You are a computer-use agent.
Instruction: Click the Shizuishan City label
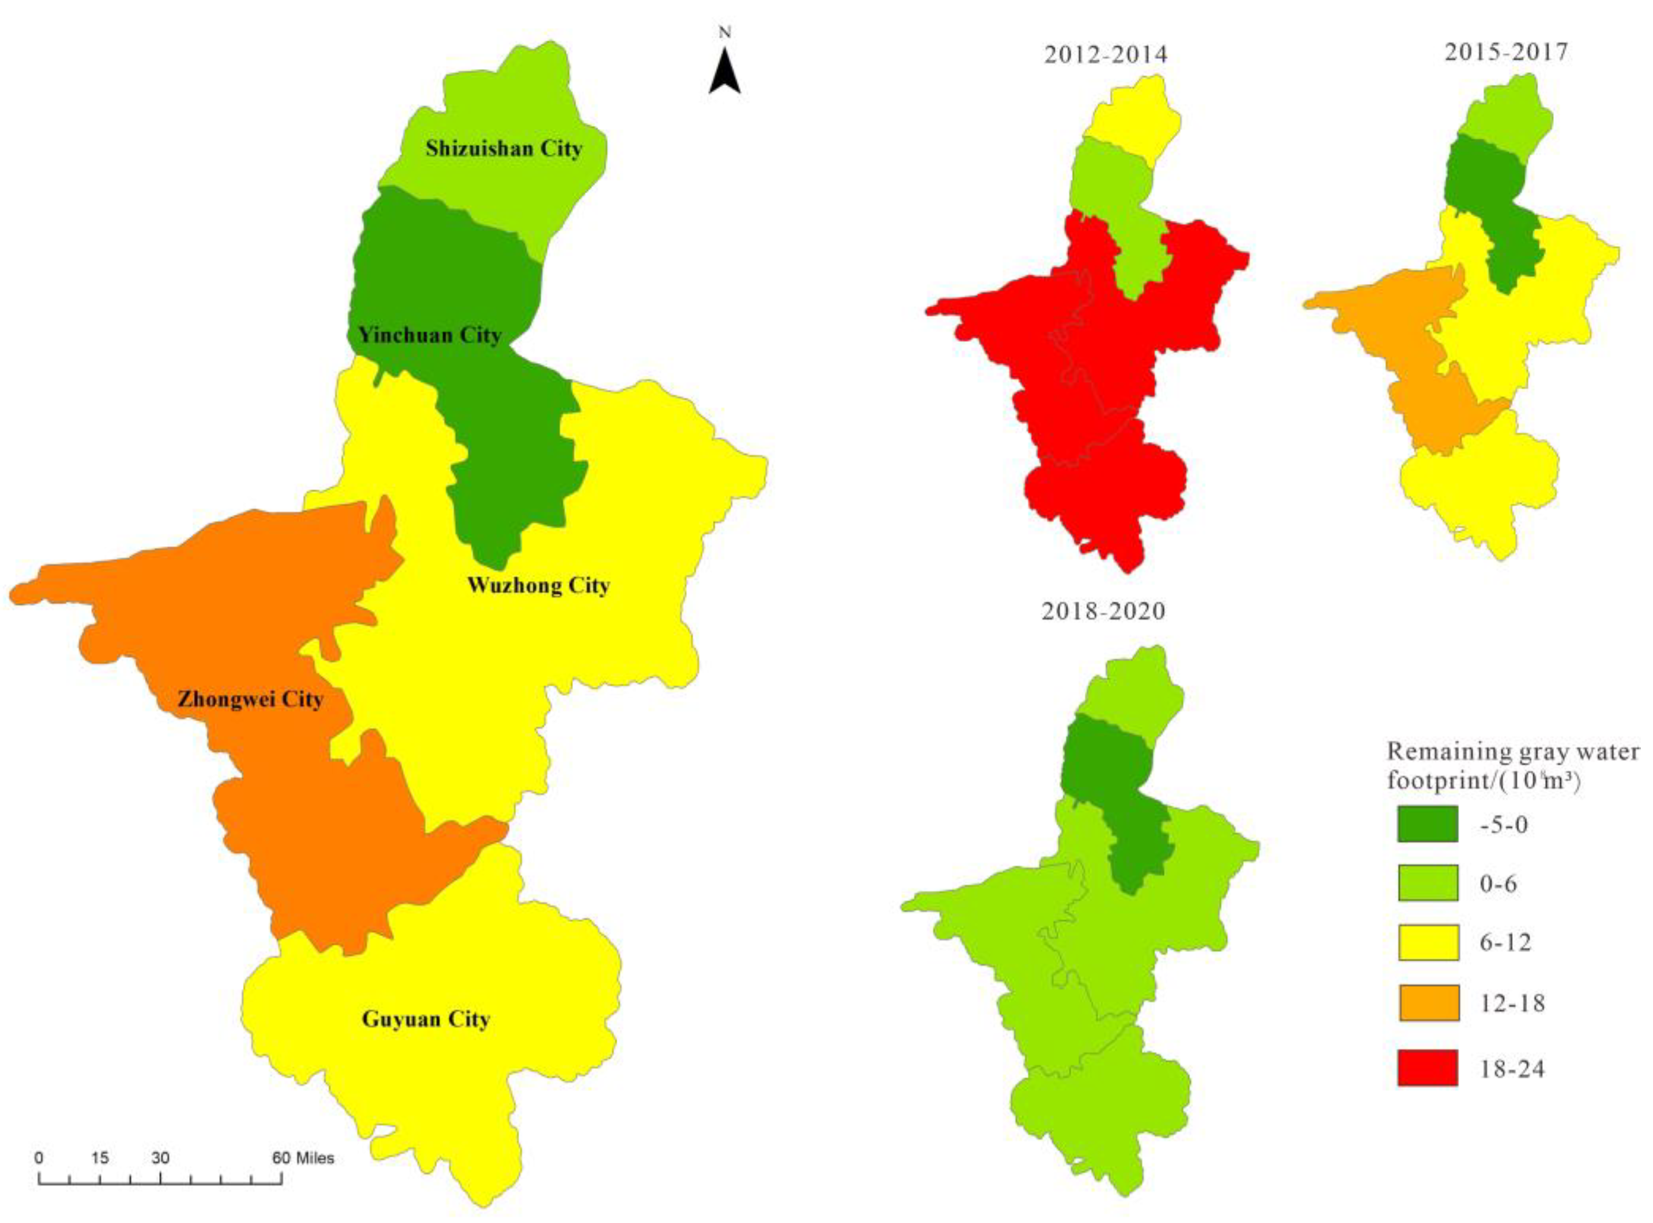(504, 149)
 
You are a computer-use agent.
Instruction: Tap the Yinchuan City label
(429, 336)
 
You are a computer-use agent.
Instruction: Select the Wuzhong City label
(538, 586)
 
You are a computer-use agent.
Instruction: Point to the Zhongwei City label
(250, 699)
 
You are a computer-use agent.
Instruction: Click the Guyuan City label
(426, 1019)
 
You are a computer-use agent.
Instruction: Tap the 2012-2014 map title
(1105, 55)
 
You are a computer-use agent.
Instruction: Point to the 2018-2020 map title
(1103, 611)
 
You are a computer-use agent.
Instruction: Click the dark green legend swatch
(1427, 824)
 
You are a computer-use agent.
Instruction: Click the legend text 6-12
(1506, 942)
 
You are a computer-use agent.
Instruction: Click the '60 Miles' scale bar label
(303, 1158)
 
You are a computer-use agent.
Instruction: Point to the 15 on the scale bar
(101, 1158)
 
